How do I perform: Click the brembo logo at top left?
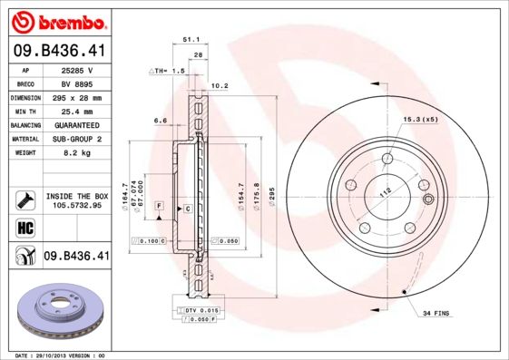(58, 20)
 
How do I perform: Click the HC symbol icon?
(24, 227)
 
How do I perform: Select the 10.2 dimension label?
(219, 87)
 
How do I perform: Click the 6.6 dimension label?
(160, 120)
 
